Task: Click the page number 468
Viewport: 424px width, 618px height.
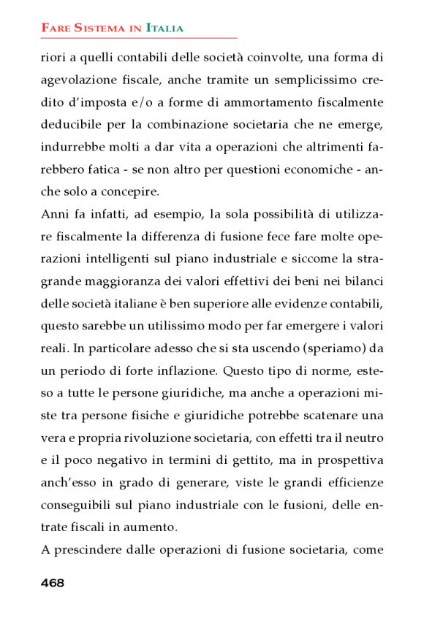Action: tap(53, 582)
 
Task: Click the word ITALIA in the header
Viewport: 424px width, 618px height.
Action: tap(164, 28)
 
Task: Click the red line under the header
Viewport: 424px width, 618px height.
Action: tap(139, 37)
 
